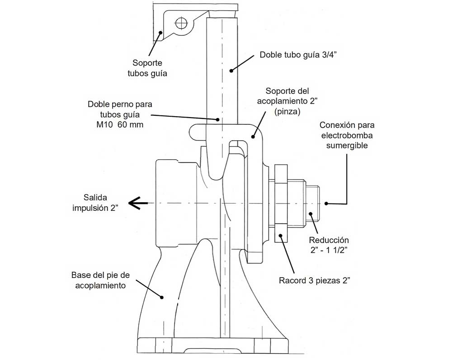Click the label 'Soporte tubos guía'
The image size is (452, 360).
point(147,68)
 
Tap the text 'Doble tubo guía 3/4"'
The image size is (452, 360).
point(298,55)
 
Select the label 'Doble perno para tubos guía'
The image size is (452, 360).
point(120,109)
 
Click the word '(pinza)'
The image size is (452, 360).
point(287,111)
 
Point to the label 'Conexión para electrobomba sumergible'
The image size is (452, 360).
point(347,135)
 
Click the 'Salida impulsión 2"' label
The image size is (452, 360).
point(95,203)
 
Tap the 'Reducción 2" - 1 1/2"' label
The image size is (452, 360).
point(329,245)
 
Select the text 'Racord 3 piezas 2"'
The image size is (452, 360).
point(315,280)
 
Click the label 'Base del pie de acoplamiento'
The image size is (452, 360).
point(101,280)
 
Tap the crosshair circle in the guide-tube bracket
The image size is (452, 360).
point(182,23)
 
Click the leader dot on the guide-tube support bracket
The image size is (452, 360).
point(160,32)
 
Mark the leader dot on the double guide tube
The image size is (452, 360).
point(231,70)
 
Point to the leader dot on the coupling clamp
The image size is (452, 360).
point(253,137)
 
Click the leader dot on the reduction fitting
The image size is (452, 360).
point(311,214)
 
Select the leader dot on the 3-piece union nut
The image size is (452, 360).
point(280,236)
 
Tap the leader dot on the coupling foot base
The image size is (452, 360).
point(162,297)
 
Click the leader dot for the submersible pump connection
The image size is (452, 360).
point(326,204)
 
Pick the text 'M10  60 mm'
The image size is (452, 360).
point(120,125)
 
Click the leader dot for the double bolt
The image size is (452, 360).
point(218,119)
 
